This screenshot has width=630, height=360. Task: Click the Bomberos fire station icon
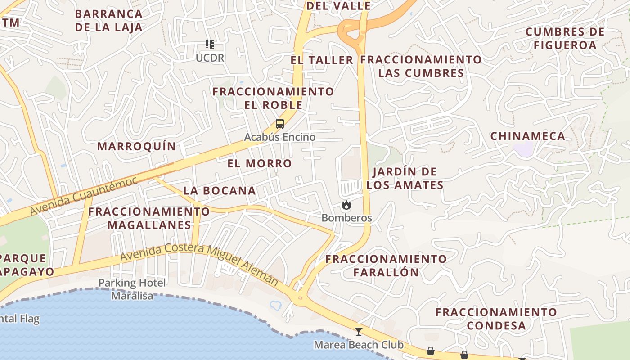(x=346, y=205)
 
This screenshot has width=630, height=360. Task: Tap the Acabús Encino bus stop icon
(x=279, y=124)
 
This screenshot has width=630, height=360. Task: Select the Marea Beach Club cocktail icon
(x=358, y=332)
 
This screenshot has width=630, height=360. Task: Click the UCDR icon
(x=210, y=45)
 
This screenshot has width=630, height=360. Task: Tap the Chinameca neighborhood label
(x=527, y=136)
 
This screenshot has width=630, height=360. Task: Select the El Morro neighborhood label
(x=260, y=163)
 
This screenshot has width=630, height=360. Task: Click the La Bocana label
(x=220, y=191)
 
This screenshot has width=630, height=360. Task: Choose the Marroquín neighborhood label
(x=137, y=146)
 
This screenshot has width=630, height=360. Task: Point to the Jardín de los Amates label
(x=405, y=178)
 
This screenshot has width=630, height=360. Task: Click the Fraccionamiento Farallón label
(x=386, y=265)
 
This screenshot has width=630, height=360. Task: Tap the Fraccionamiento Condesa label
(x=496, y=319)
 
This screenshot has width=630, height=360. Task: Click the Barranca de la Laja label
(x=108, y=20)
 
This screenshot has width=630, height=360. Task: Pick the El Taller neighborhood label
(x=322, y=60)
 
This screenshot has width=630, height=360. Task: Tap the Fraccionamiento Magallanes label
(x=149, y=218)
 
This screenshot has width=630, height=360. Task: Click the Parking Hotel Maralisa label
(x=132, y=289)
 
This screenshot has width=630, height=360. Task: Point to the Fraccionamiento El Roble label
(x=273, y=98)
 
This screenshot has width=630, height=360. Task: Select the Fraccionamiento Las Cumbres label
(x=421, y=66)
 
